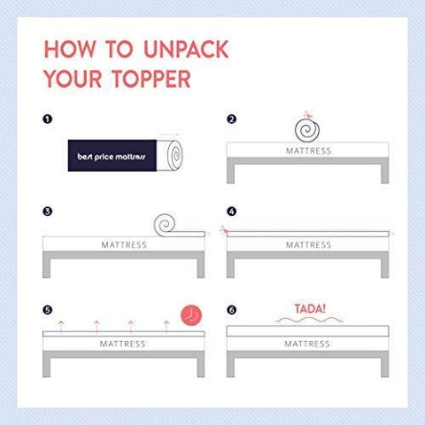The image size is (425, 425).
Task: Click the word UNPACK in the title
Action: tap(187, 49)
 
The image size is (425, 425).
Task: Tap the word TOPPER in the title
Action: tap(151, 79)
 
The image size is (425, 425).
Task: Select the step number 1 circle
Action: tap(48, 119)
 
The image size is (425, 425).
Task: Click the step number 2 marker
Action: tap(232, 119)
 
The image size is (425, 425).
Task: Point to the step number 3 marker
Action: tap(48, 212)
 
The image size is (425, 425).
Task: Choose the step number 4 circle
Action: tap(232, 212)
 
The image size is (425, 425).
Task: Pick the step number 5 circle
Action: tap(48, 310)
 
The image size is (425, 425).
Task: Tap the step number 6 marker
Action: tap(232, 310)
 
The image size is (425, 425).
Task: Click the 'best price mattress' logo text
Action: tap(112, 157)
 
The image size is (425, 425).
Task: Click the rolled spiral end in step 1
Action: tap(174, 156)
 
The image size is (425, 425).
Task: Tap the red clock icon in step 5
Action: tap(191, 315)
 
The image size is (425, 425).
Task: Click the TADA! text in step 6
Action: tap(310, 309)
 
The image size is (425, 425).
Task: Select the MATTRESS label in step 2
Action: tap(308, 151)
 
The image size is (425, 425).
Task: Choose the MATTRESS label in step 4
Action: tap(308, 245)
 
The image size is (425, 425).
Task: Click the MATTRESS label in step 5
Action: tap(122, 344)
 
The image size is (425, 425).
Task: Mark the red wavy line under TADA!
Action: tap(309, 320)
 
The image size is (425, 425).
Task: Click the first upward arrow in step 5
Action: tap(61, 327)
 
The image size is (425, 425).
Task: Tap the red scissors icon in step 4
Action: tap(224, 230)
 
